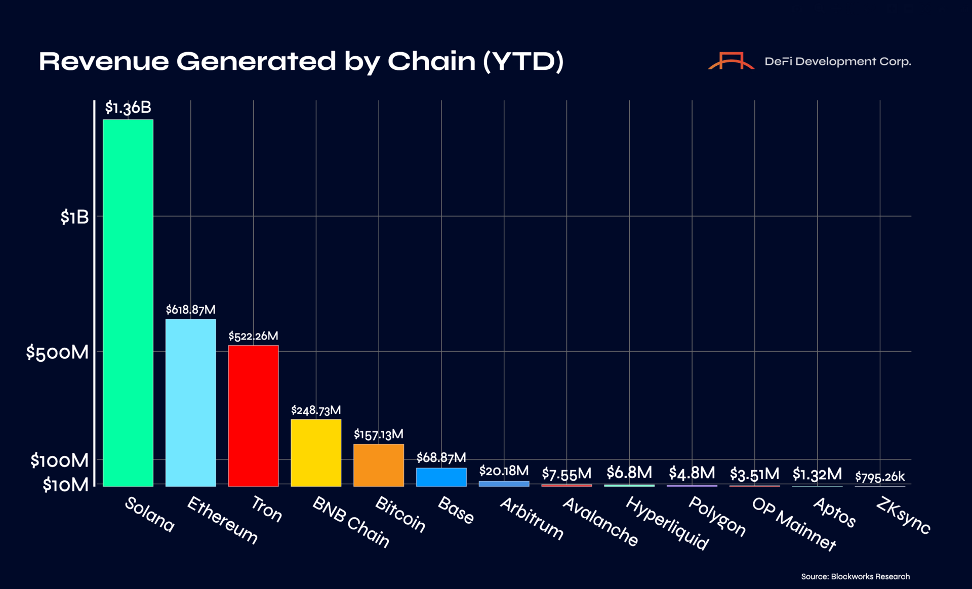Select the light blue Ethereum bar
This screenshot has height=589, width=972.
[190, 402]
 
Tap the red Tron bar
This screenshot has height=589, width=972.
[253, 415]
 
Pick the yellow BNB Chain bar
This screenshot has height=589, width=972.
[316, 452]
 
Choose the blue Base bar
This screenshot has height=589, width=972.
[441, 477]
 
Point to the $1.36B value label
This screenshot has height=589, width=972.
[128, 107]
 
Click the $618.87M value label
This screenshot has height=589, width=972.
[190, 309]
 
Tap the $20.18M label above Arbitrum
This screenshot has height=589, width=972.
[504, 471]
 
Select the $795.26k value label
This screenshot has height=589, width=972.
[880, 476]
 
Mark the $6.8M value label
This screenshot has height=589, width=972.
[629, 472]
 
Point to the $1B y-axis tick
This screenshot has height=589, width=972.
[74, 217]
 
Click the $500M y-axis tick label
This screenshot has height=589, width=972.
[57, 352]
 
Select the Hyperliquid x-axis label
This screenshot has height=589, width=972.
[667, 523]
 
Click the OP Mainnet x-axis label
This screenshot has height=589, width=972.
[793, 524]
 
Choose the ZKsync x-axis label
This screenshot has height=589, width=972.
[903, 515]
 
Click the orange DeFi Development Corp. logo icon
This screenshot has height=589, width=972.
[731, 61]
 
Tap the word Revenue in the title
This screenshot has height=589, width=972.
[104, 61]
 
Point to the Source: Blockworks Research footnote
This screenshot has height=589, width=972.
[855, 576]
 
